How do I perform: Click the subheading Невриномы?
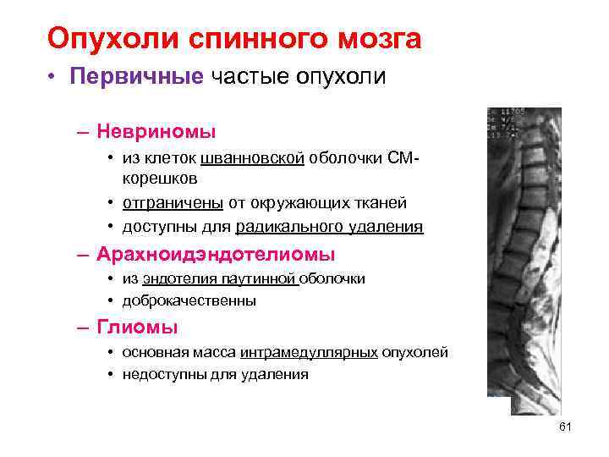pyautogui.click(x=156, y=132)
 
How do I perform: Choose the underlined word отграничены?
pyautogui.click(x=173, y=203)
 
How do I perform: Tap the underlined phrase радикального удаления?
pyautogui.click(x=329, y=227)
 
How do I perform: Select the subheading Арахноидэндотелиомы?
pyautogui.click(x=216, y=255)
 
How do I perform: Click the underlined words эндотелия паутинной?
pyautogui.click(x=221, y=278)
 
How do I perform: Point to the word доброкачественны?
pyautogui.click(x=189, y=300)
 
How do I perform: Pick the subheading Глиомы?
pyautogui.click(x=137, y=328)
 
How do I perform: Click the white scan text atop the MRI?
pyautogui.click(x=506, y=123)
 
